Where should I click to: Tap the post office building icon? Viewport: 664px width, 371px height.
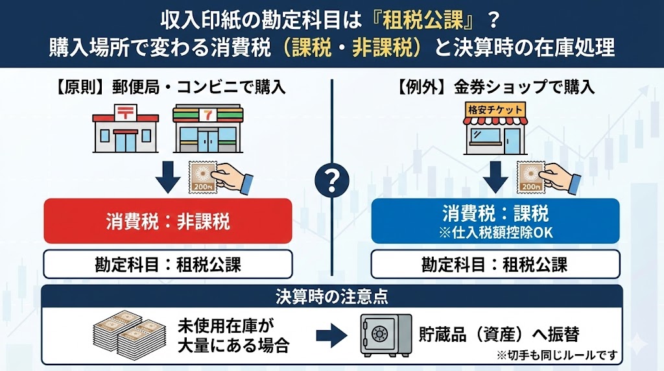pos(124,129)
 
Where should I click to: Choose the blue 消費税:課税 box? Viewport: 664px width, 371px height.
pos(495,221)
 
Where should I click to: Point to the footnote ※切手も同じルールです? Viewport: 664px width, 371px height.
pos(556,356)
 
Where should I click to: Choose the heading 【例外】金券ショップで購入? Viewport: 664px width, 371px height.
pos(495,87)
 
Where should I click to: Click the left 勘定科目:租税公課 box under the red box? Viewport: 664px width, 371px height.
pos(167,264)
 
